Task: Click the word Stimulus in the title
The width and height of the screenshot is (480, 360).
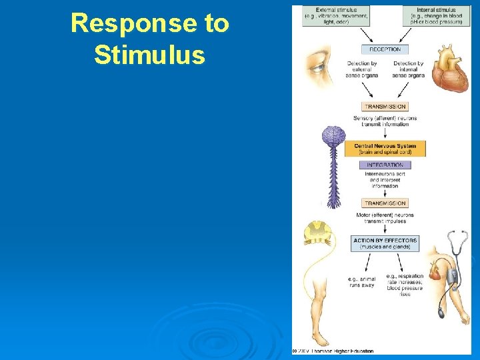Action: click(149, 55)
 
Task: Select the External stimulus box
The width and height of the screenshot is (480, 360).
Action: click(335, 16)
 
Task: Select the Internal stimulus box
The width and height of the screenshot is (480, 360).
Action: click(437, 16)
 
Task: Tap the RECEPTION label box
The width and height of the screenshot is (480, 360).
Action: click(385, 49)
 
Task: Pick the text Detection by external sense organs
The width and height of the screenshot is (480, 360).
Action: click(362, 69)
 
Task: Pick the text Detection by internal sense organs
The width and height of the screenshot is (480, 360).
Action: click(408, 69)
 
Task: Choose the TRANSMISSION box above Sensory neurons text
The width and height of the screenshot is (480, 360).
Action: click(385, 107)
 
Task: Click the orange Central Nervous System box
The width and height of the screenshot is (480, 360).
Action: click(385, 149)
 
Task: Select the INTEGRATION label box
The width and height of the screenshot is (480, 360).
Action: click(385, 165)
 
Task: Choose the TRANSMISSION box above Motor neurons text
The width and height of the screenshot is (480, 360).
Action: click(385, 203)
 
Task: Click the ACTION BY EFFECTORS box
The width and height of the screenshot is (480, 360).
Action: click(385, 243)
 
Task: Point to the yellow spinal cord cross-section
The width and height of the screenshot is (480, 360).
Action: click(319, 233)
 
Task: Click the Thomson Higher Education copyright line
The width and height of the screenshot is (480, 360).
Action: click(333, 351)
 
